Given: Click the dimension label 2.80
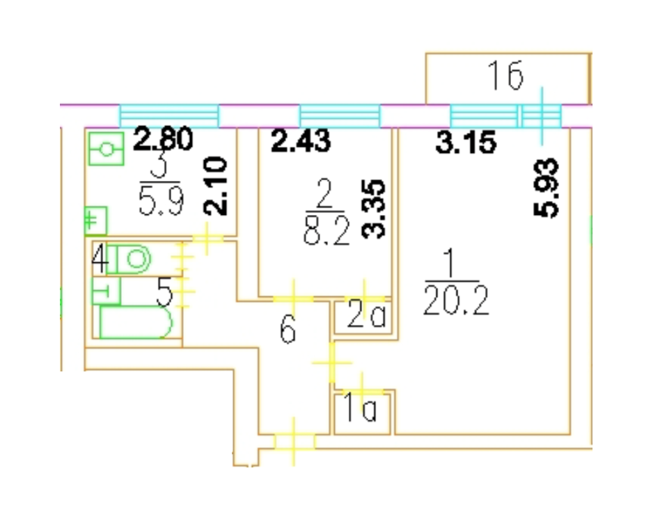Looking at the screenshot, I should (162, 141).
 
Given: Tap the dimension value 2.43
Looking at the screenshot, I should (301, 141).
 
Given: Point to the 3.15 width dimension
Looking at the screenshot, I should (466, 143).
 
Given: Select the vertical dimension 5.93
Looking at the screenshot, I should (549, 189).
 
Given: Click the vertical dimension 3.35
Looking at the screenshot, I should (375, 209).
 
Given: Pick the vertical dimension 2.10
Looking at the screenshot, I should (215, 186).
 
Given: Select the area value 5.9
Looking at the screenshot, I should (162, 204).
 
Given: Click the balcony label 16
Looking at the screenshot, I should (505, 76).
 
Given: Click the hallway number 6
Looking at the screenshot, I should (288, 332).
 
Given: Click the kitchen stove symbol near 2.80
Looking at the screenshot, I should (106, 148).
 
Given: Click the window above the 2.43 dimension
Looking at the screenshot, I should (340, 115).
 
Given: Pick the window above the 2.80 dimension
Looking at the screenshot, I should (169, 115).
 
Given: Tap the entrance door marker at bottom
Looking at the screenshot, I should (294, 442).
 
